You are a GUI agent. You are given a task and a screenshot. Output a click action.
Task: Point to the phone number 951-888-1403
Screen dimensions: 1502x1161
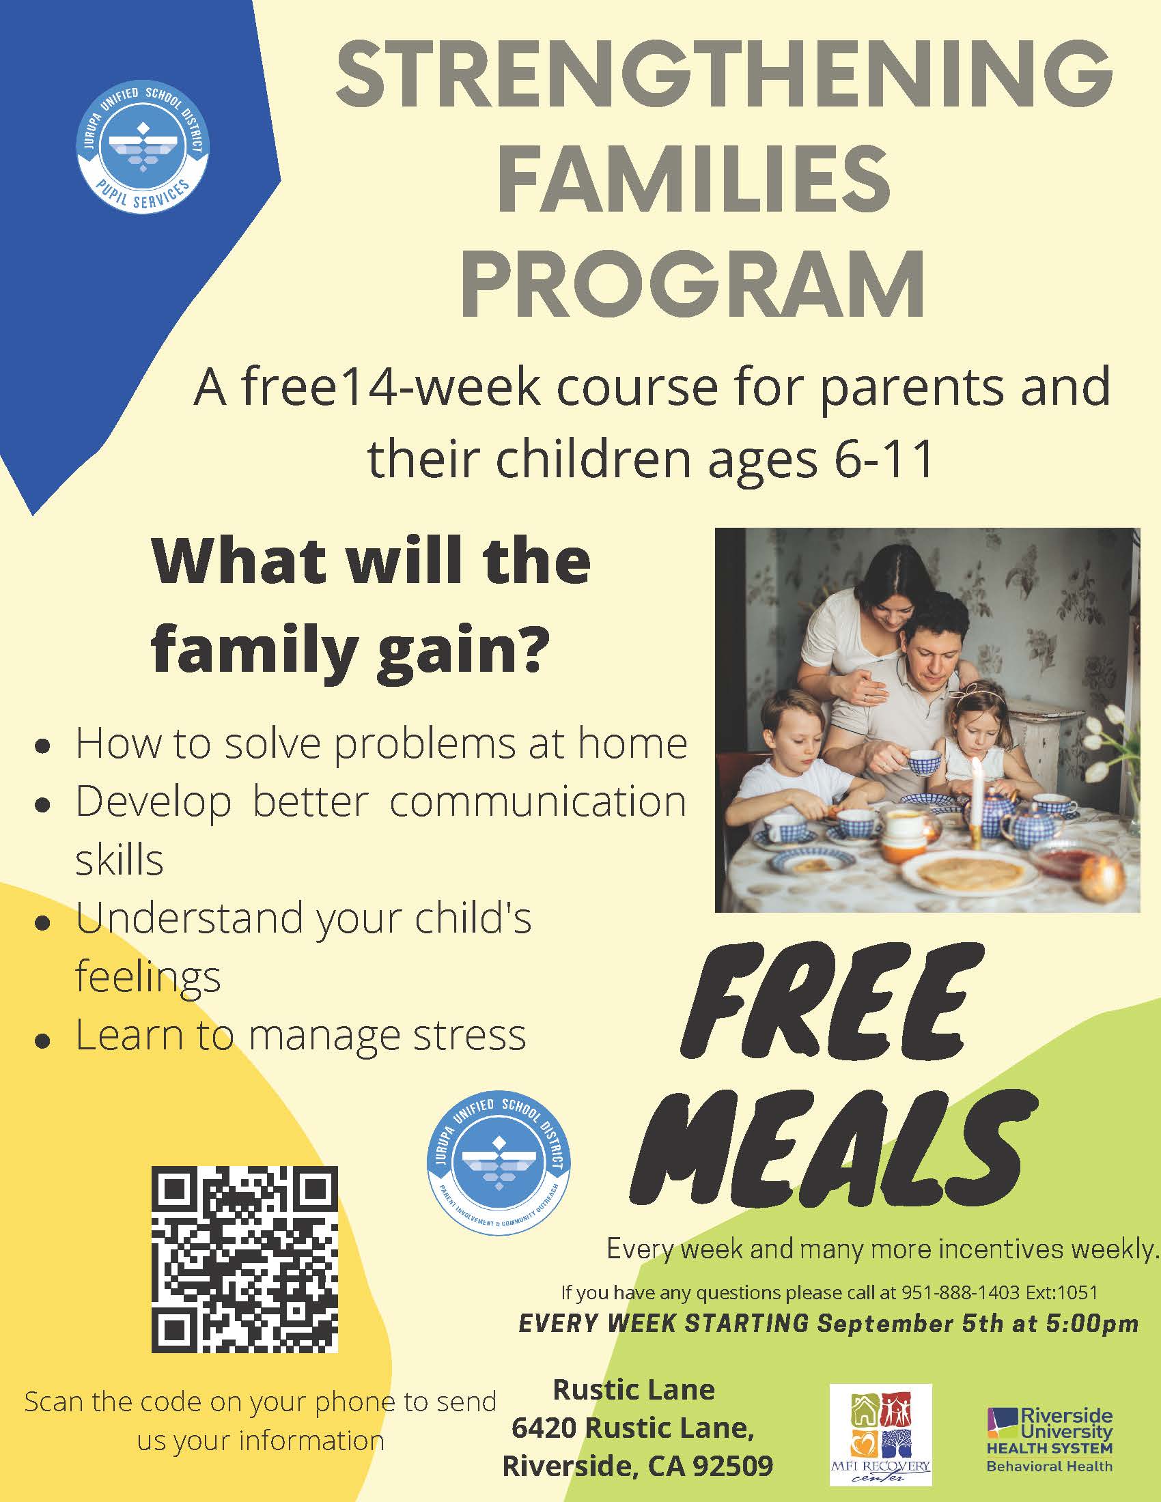click(x=960, y=1292)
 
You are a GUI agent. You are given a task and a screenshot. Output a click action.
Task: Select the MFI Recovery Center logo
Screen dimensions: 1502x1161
click(x=880, y=1433)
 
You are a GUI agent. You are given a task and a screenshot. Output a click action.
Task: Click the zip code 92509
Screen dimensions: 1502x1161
click(x=733, y=1466)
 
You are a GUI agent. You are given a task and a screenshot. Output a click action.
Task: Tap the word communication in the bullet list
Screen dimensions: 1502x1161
click(x=537, y=802)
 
